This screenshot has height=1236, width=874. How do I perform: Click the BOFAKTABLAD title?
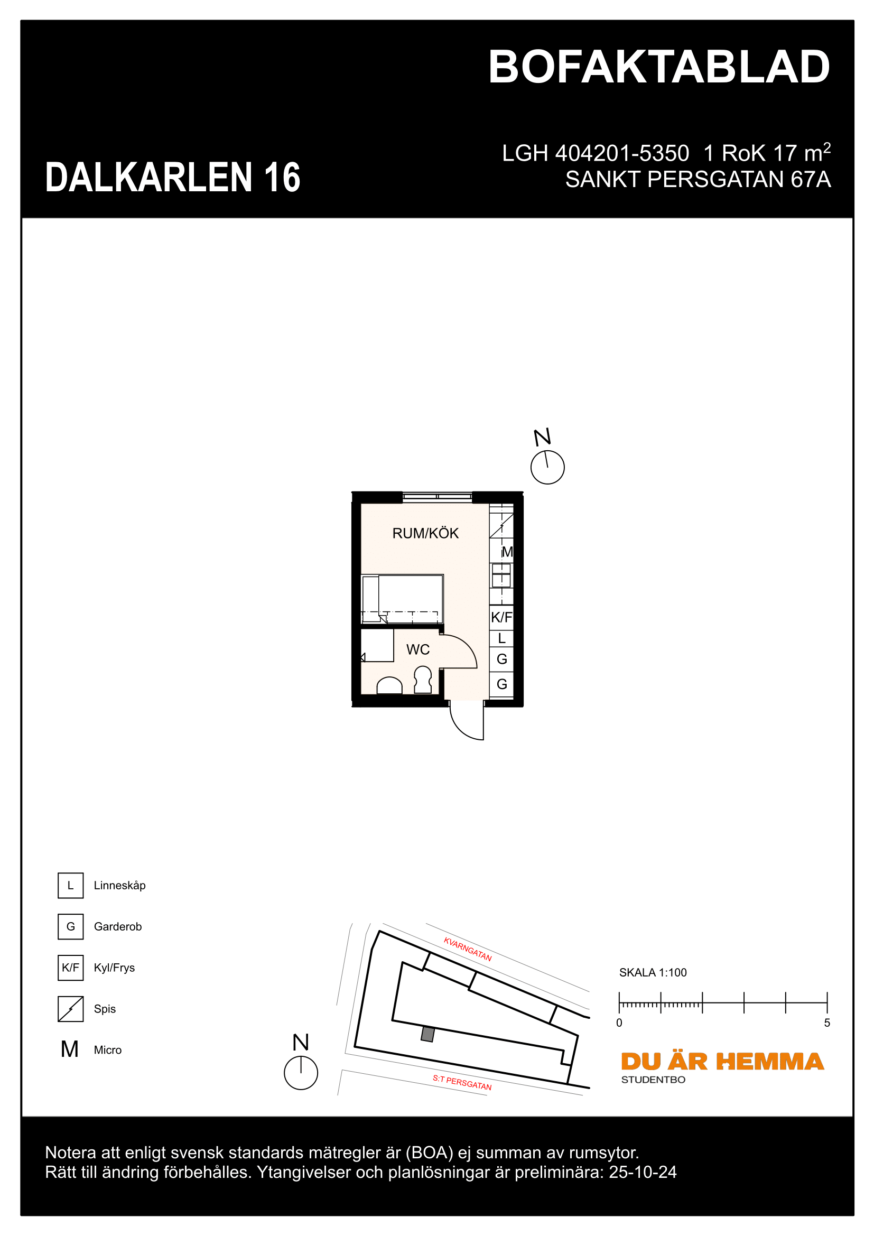pos(659,67)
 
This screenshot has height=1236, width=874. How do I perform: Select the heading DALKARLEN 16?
pos(173,177)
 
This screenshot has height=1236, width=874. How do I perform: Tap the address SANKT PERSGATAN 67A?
pos(698,179)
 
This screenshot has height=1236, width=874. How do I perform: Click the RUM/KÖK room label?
pos(425,534)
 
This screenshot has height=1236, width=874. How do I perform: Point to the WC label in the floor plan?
pos(417,650)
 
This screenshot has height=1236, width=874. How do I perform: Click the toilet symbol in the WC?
pos(423,680)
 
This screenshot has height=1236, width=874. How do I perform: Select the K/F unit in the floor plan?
pos(501,617)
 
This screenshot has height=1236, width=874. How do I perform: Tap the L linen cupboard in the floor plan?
pos(501,638)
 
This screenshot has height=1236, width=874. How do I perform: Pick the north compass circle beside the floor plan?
pos(547,467)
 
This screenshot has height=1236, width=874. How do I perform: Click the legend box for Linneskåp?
pos(70,886)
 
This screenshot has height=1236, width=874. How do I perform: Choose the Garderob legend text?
pos(117,926)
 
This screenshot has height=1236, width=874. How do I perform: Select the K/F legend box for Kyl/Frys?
pos(70,968)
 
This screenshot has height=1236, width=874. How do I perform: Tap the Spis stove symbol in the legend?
pos(70,1009)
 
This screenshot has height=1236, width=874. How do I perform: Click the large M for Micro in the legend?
pos(70,1049)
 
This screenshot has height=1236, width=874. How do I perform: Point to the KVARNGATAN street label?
pos(467,949)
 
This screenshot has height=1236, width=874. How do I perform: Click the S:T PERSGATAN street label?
pos(462,1083)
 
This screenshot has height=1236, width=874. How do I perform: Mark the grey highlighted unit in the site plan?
pos(428,1034)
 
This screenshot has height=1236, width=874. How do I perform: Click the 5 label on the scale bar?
pos(826,1023)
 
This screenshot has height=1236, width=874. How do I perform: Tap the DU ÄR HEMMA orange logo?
pos(722,1062)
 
